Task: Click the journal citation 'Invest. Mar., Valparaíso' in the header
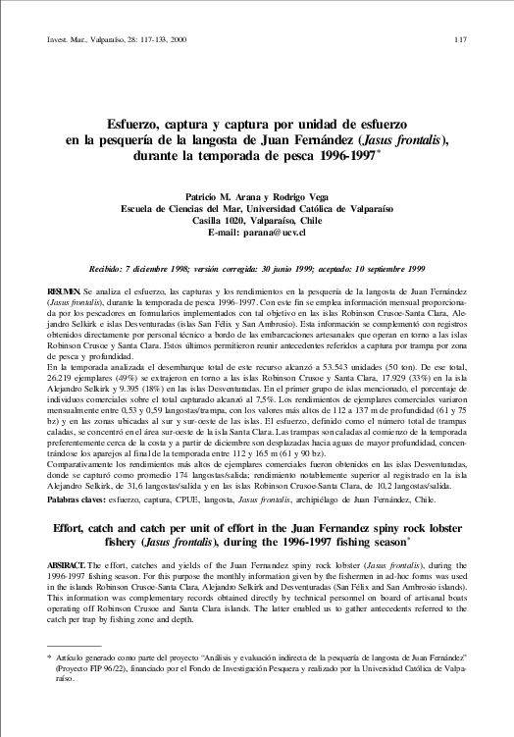(85, 38)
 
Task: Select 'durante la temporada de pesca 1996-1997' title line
(255, 155)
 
